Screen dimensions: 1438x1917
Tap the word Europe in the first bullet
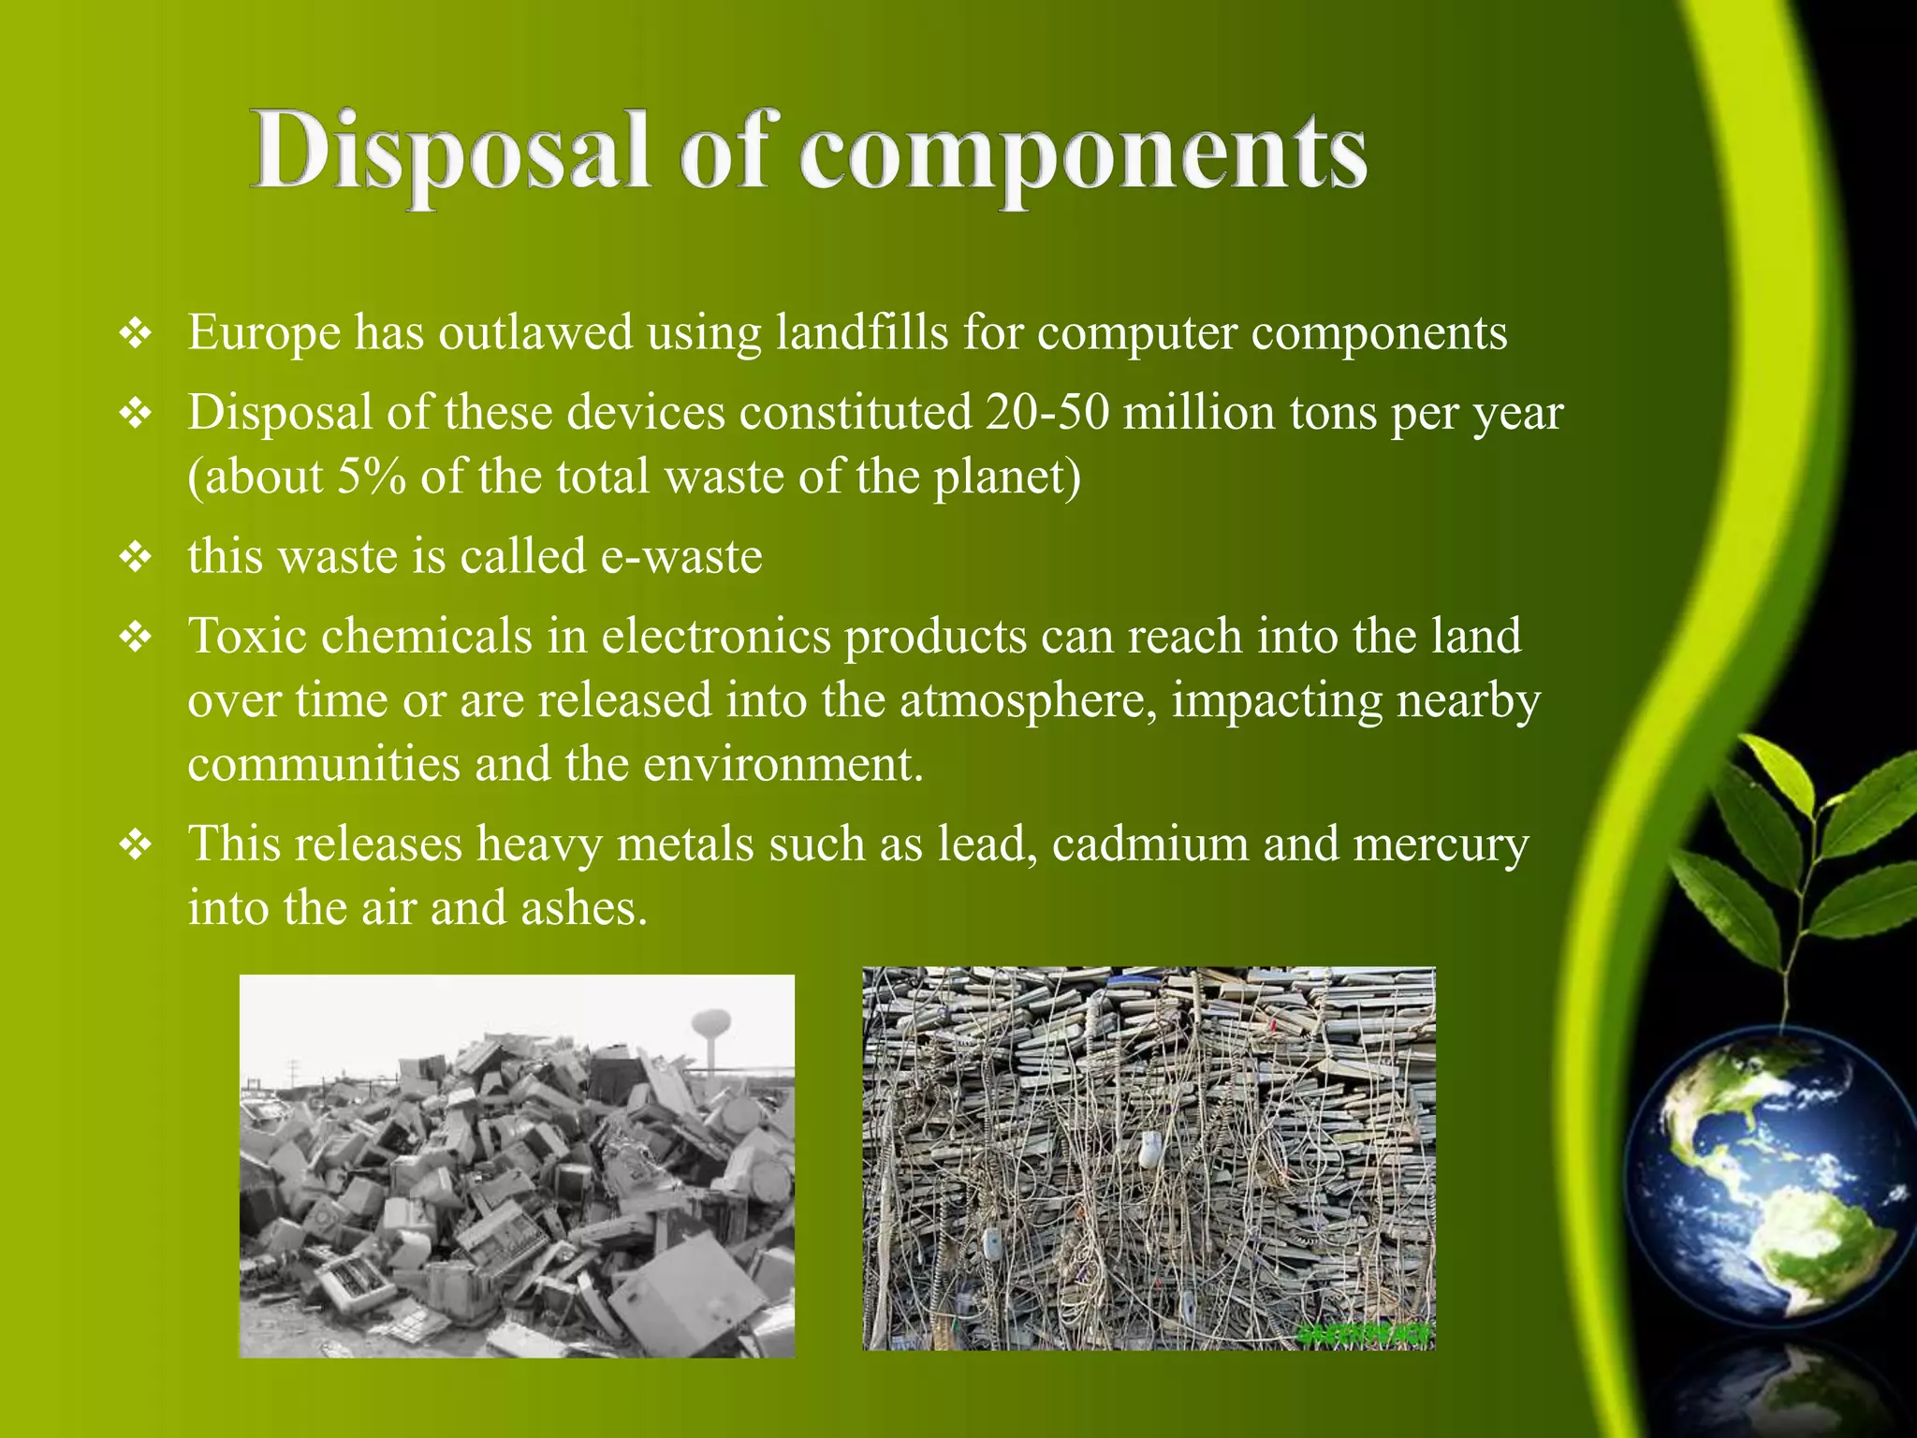click(264, 332)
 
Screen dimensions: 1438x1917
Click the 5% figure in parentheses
click(372, 477)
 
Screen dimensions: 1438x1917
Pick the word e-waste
click(681, 556)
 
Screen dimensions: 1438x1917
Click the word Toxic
click(247, 636)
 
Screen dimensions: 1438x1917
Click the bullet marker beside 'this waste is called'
click(137, 558)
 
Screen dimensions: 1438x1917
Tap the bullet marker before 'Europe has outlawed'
click(137, 334)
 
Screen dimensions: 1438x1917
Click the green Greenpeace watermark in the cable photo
click(1366, 1334)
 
